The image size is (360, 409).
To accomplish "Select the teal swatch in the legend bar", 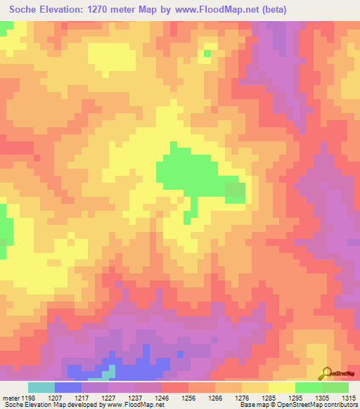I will tap(41, 387).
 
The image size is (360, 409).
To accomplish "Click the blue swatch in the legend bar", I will tap(68, 387).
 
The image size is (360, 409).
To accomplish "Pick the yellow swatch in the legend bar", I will tap(282, 387).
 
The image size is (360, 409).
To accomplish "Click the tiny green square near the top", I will tap(207, 53).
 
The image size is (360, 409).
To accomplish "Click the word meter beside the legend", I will tap(11, 397).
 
